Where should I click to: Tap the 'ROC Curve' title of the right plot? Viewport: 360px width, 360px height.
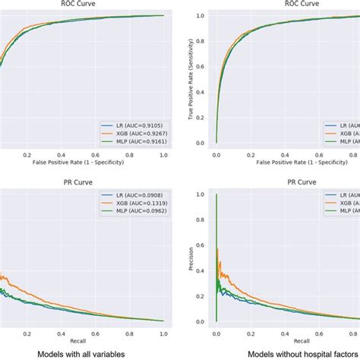(288, 4)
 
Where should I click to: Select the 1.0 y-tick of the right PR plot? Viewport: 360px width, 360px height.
(201, 194)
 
